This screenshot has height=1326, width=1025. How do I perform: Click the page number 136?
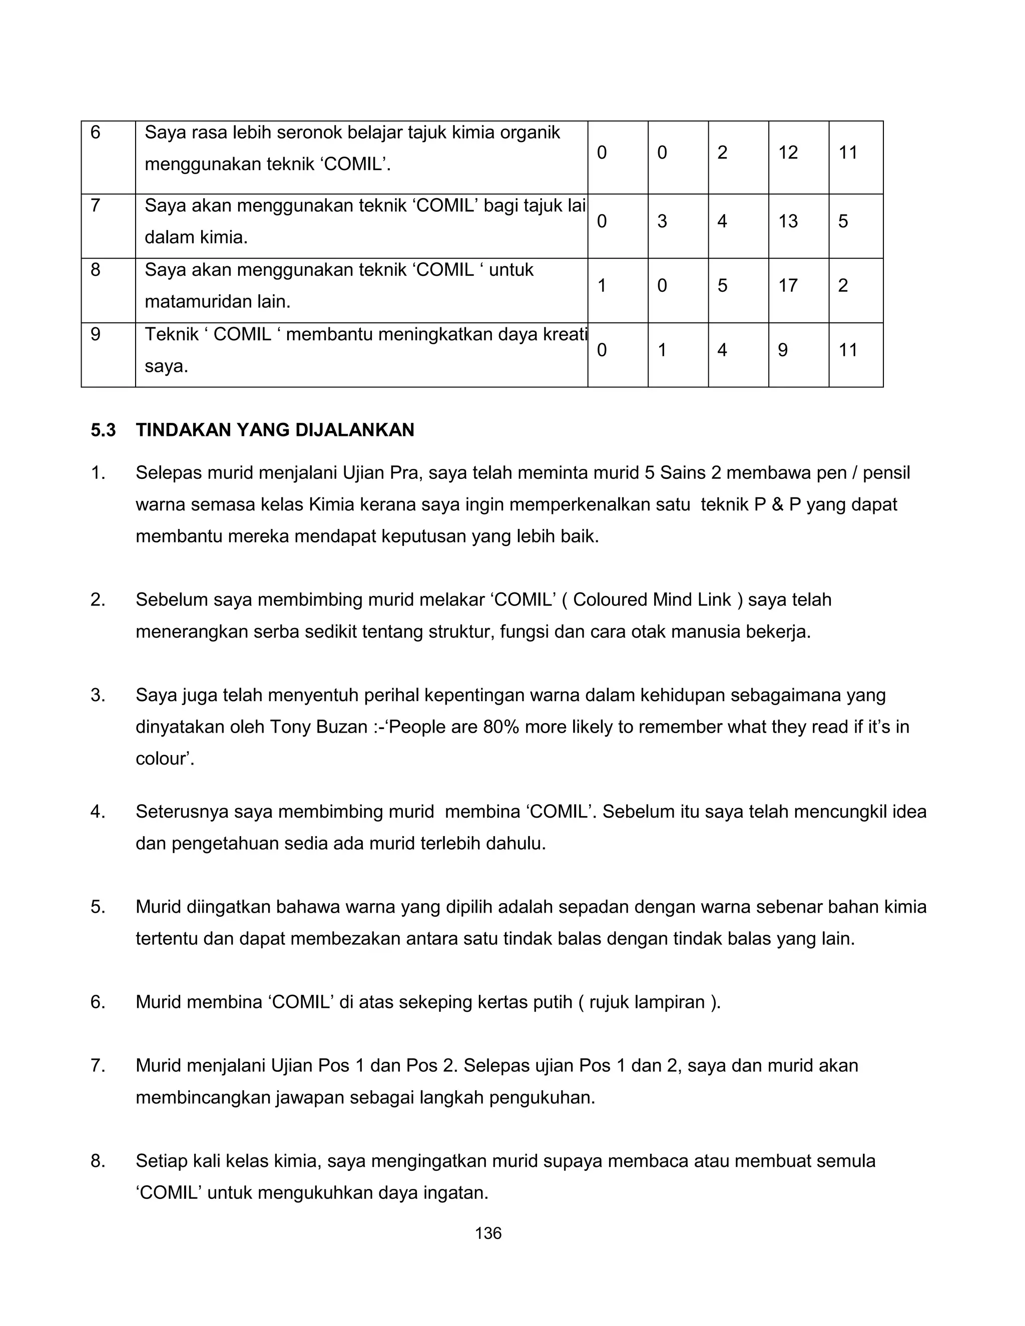(488, 1233)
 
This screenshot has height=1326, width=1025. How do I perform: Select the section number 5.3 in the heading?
(103, 430)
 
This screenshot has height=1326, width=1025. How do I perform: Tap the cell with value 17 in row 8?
(788, 285)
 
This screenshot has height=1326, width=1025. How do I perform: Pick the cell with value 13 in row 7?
(788, 221)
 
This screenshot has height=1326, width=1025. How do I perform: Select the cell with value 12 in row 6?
(788, 153)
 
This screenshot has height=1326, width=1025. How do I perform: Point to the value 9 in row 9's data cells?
(783, 350)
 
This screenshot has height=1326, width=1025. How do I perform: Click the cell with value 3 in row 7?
(662, 221)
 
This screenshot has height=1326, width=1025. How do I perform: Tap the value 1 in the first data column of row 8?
(602, 285)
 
